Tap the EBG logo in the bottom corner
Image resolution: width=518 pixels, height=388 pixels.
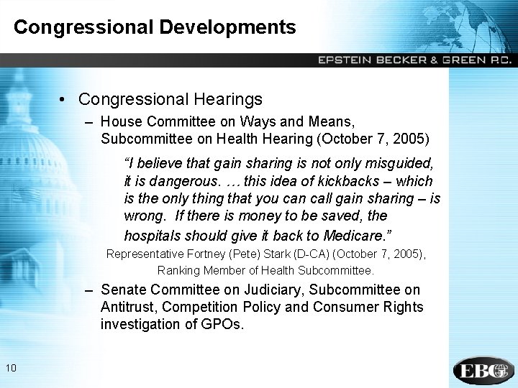point(483,370)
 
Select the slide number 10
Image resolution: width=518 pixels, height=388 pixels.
point(10,369)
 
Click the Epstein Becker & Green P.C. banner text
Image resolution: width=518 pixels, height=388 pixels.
point(415,60)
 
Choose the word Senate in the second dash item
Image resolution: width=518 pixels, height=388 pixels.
point(123,290)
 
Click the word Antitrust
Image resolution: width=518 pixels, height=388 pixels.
point(129,307)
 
